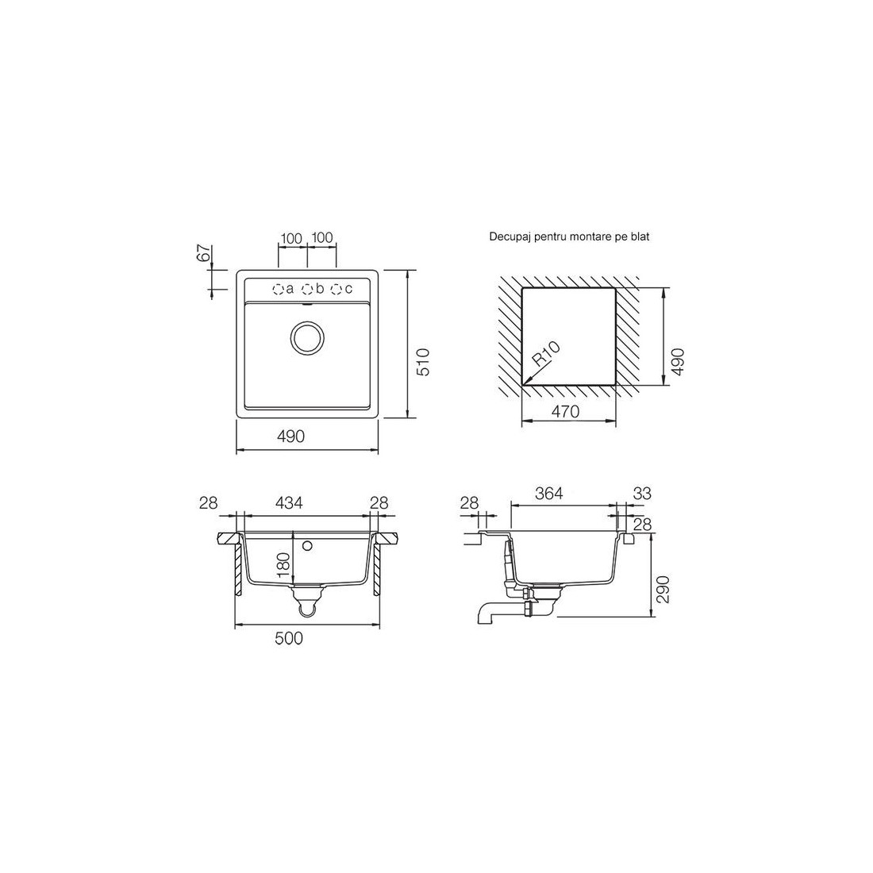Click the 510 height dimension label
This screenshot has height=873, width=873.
pos(424,362)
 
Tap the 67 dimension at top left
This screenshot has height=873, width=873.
pos(203,253)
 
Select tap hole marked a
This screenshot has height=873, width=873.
pos(278,289)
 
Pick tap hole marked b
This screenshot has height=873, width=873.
pos(307,289)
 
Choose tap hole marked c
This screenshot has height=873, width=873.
pos(337,289)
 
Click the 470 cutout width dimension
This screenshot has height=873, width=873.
pos(566,411)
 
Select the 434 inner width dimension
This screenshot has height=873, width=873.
pos(290,502)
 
